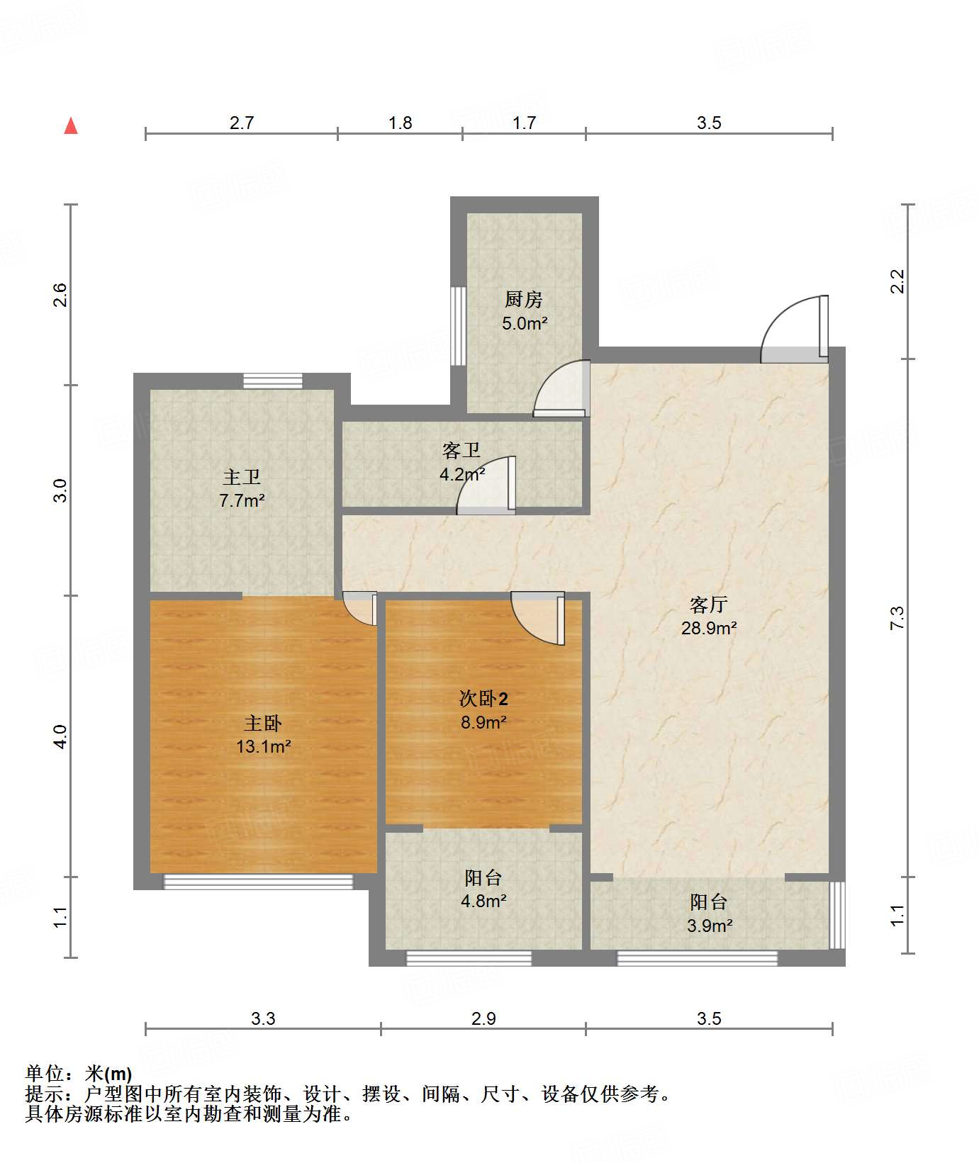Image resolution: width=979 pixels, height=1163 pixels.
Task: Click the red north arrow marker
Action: (71, 126)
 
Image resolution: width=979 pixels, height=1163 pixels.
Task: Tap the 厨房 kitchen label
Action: (524, 300)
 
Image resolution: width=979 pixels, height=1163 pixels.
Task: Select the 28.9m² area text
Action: (709, 628)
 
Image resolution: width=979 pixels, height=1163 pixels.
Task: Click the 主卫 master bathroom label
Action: (242, 477)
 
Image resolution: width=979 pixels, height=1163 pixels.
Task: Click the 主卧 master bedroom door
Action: (360, 608)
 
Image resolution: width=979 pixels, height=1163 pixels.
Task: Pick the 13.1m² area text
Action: (264, 746)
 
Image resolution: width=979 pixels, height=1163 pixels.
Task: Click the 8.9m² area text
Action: (483, 722)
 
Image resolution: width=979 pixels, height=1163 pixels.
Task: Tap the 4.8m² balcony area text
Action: (483, 901)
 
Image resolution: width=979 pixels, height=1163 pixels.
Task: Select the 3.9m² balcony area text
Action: (710, 926)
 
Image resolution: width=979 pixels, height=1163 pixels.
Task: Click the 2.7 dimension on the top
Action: (242, 123)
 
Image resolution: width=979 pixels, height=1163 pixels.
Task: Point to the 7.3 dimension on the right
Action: (897, 618)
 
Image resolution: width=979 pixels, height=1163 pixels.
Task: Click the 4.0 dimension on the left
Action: (61, 736)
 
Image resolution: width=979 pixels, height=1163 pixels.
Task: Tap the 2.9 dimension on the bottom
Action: (483, 1018)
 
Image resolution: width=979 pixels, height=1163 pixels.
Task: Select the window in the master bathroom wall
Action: (273, 381)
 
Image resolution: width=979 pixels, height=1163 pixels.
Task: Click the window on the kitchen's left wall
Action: (459, 326)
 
